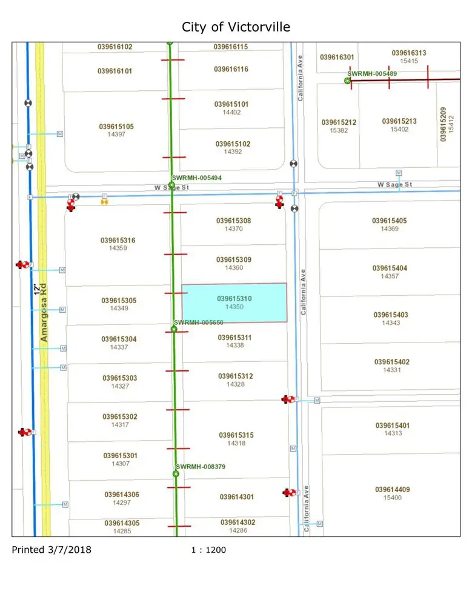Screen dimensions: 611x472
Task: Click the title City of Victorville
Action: click(236, 27)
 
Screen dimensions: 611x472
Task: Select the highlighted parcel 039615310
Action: click(234, 302)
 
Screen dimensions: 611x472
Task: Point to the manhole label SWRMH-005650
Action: click(199, 322)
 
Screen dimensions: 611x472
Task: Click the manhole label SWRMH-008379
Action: click(200, 467)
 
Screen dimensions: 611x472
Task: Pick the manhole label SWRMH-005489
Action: click(372, 73)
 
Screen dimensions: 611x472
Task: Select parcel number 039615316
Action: click(118, 241)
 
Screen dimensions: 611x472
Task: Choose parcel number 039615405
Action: click(390, 221)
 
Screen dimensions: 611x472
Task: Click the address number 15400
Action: click(393, 498)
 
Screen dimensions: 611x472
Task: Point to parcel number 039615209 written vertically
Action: click(444, 124)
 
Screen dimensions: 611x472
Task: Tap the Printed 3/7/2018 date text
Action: click(52, 550)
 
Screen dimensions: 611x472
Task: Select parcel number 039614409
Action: click(393, 490)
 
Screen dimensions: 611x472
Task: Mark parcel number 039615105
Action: click(116, 127)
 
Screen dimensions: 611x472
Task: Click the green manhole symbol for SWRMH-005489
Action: click(348, 80)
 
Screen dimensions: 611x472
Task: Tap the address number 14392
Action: click(233, 152)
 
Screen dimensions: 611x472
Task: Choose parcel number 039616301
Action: click(337, 57)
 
